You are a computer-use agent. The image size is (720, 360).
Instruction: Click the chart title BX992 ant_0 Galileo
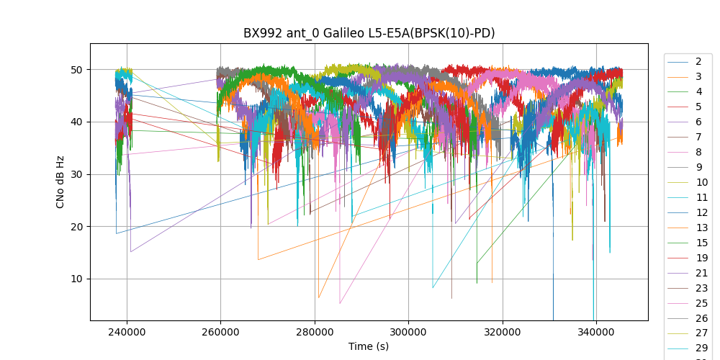click(x=369, y=33)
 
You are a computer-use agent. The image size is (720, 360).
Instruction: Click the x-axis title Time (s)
click(x=369, y=346)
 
